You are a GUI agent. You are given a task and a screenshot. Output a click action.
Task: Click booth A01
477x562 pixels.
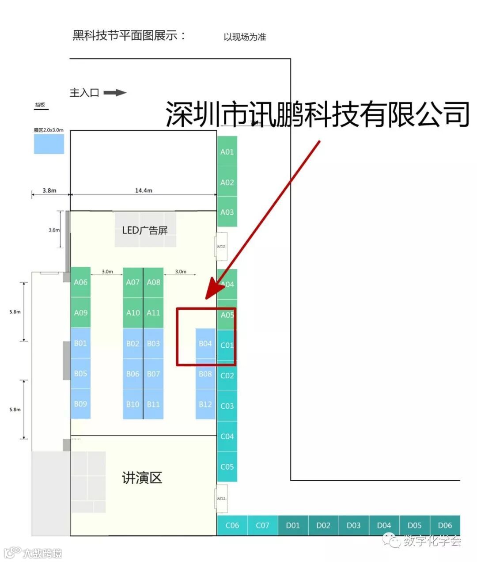pos(227,152)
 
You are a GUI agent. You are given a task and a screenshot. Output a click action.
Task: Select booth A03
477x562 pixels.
pos(227,212)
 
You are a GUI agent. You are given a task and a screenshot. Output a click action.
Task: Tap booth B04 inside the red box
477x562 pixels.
pos(205,343)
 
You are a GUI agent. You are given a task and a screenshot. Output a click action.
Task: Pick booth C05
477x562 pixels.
pos(227,467)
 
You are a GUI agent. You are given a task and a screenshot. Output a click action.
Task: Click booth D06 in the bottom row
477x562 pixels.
pos(445,525)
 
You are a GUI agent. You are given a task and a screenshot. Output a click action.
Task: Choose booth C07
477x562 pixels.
pos(262,525)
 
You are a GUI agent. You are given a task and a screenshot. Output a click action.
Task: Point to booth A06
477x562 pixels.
pos(80,282)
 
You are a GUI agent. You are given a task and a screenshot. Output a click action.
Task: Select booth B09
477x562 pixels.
pos(80,404)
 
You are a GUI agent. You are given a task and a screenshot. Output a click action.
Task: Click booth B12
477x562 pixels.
pos(205,404)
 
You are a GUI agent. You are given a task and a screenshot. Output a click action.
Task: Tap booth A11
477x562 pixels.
pos(153,313)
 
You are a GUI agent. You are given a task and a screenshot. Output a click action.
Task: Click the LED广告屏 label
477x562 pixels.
pos(145,230)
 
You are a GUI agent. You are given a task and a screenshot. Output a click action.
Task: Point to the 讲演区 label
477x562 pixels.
pos(142,478)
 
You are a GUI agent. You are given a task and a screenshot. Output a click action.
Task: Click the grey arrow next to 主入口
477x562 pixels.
pos(115,93)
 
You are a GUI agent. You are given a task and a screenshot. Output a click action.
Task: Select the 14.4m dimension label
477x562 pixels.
pos(144,190)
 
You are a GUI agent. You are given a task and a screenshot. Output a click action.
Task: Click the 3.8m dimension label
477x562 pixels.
pos(49,190)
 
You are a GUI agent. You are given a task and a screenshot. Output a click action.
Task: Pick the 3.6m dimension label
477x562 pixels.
pos(54,230)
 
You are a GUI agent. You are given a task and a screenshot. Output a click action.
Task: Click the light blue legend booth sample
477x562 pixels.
pos(49,144)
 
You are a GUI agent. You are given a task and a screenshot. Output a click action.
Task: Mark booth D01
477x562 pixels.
pos(293,525)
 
